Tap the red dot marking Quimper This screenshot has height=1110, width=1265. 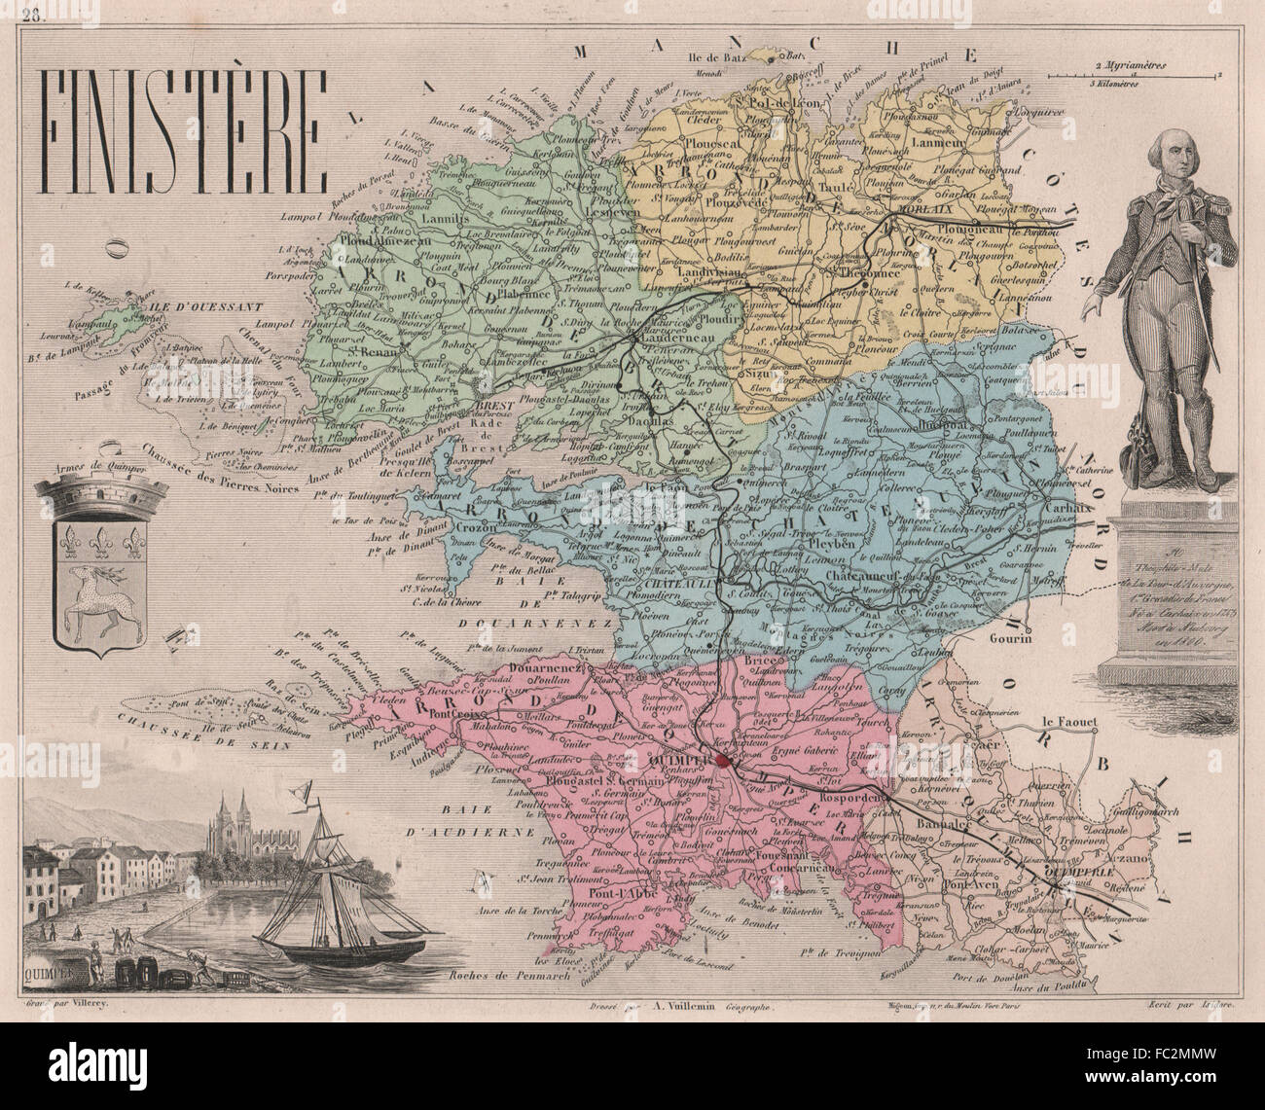click(x=721, y=763)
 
